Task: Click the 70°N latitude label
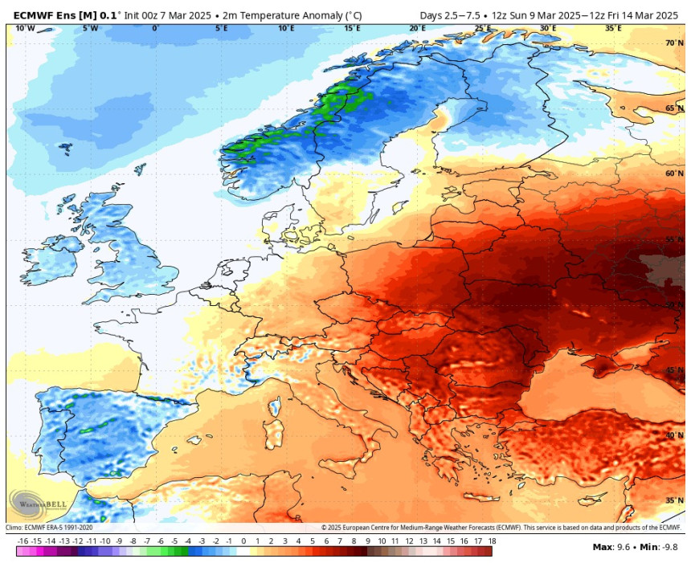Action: (673, 43)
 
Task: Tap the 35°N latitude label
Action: (673, 500)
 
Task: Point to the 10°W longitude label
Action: (25, 28)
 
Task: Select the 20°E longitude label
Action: (417, 28)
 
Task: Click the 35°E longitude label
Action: (612, 28)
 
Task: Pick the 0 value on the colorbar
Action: (243, 542)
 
